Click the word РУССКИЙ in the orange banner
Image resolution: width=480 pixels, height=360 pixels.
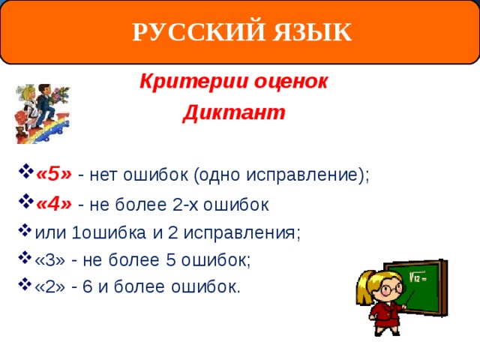(x=198, y=31)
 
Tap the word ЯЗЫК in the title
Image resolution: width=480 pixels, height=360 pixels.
(x=312, y=31)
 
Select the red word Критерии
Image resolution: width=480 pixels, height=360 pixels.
(x=193, y=82)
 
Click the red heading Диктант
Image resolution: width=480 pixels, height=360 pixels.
(x=234, y=112)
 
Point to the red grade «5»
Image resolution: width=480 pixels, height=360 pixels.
(x=54, y=174)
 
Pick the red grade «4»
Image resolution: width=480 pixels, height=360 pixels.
(x=54, y=203)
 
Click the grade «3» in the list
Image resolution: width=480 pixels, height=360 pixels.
(x=50, y=260)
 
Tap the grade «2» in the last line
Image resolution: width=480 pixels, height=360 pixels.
(x=50, y=286)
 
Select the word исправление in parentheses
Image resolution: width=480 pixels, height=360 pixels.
(x=302, y=175)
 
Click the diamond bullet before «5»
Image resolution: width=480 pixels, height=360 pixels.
(x=26, y=172)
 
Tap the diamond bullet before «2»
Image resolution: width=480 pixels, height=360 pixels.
(x=25, y=284)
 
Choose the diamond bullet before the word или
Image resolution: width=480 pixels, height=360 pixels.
(x=25, y=230)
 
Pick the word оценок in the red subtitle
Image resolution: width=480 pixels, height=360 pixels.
(x=291, y=82)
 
